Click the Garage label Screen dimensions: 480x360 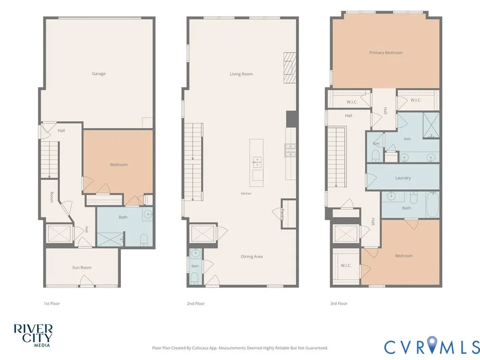click(98, 73)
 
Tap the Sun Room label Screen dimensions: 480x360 click(82, 267)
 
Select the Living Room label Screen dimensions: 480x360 click(241, 74)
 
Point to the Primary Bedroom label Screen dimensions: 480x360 click(386, 53)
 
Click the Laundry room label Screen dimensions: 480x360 click(403, 178)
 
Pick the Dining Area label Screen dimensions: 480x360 click(252, 256)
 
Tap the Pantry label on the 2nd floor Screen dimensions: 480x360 click(283, 214)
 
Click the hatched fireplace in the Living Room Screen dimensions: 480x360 click(289, 68)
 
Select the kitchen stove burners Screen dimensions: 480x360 click(290, 150)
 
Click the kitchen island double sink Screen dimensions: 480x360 click(256, 163)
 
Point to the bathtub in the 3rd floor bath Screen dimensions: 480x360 click(432, 204)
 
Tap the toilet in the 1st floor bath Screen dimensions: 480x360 click(144, 240)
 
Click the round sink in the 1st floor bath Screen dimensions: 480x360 click(148, 214)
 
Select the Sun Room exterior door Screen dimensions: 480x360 click(87, 281)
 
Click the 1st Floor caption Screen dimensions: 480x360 click(52, 304)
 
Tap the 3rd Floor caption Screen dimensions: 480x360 click(338, 304)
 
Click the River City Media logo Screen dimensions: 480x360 click(33, 336)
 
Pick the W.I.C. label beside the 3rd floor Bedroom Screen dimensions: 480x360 click(346, 265)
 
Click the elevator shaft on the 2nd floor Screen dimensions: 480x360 click(202, 234)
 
